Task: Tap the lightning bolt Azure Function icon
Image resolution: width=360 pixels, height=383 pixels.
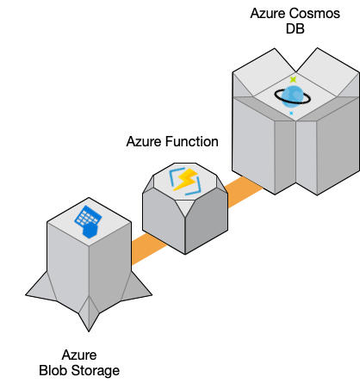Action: pos(186,181)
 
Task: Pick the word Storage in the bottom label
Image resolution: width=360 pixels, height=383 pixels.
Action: pos(100,371)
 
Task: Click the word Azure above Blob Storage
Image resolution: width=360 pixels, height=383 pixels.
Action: pos(79,355)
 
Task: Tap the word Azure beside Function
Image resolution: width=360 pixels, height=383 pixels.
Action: pos(143,141)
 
